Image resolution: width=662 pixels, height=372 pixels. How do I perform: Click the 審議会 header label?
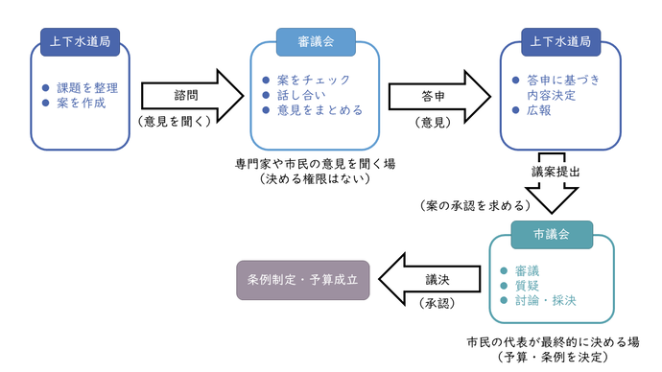click(x=316, y=42)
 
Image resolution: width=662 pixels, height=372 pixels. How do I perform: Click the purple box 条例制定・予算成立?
click(x=302, y=280)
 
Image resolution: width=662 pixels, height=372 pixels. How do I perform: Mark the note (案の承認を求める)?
click(x=475, y=206)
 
